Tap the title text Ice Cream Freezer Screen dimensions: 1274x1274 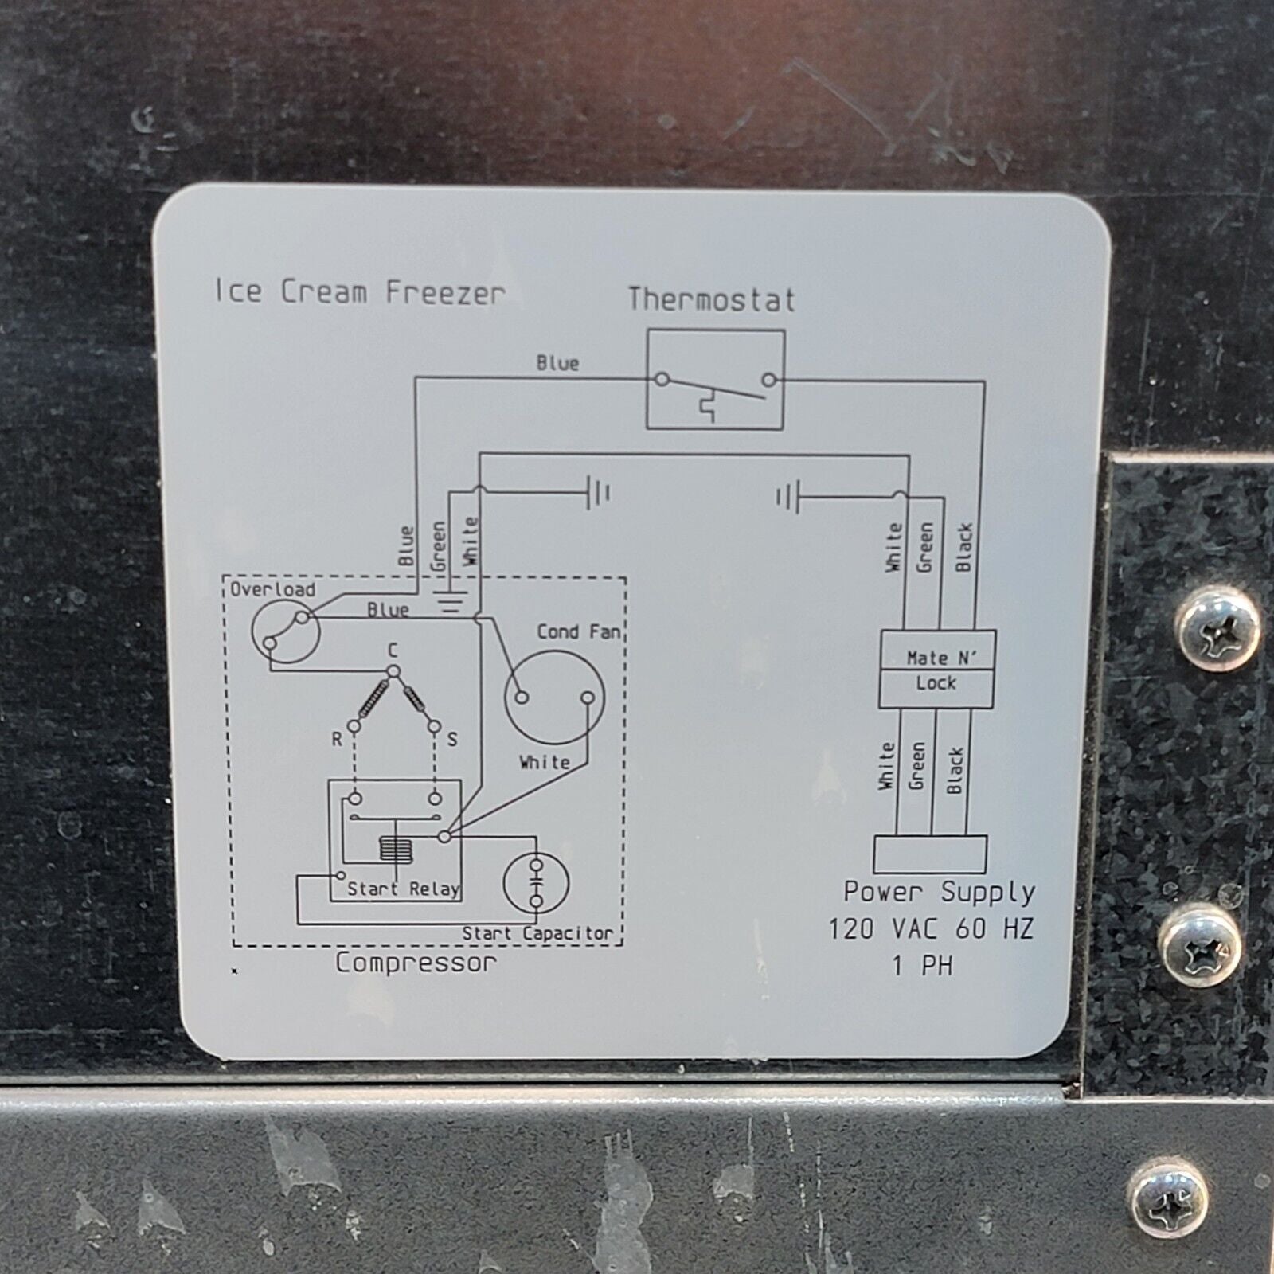359,292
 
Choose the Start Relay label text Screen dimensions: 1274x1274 403,889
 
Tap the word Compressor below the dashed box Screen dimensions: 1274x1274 415,963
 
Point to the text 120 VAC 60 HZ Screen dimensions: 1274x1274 931,928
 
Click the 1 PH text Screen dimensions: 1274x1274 922,966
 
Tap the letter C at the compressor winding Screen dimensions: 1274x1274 393,652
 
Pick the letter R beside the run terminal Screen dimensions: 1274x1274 337,740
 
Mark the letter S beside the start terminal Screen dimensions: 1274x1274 452,740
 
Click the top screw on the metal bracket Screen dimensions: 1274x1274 1218,629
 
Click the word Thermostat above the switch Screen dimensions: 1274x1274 711,299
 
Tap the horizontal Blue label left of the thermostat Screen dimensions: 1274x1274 557,363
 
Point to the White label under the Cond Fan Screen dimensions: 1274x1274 545,762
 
